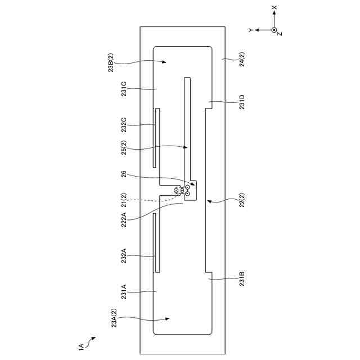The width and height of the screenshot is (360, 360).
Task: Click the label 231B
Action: pyautogui.click(x=242, y=280)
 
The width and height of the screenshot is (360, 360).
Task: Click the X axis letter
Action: pyautogui.click(x=274, y=8)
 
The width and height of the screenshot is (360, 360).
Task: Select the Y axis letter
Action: pyautogui.click(x=251, y=29)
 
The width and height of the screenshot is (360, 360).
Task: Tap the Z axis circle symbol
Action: pyautogui.click(x=274, y=29)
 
